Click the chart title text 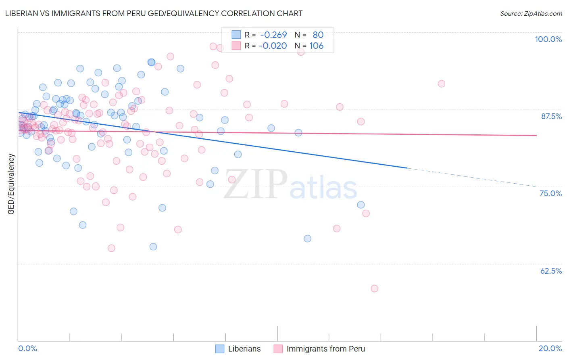point(154,13)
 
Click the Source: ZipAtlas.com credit point(531,13)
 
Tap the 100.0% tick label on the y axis point(548,39)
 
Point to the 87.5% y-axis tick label point(551,116)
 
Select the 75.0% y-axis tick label point(550,193)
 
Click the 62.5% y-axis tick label point(551,271)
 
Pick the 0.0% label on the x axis point(27,348)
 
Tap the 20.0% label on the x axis point(550,348)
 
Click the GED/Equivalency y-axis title point(11,184)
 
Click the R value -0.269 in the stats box point(273,35)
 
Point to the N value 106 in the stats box point(316,46)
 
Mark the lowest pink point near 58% point(374,289)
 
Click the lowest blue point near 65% point(153,247)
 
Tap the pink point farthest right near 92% point(442,84)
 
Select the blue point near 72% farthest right point(361,205)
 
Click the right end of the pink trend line point(536,135)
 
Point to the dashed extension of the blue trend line point(472,177)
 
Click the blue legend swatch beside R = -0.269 point(236,35)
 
